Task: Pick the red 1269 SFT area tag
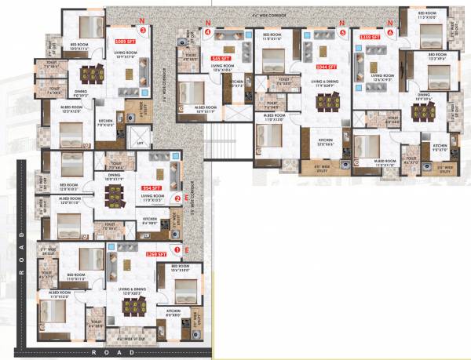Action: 156,254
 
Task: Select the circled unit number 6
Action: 390,32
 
